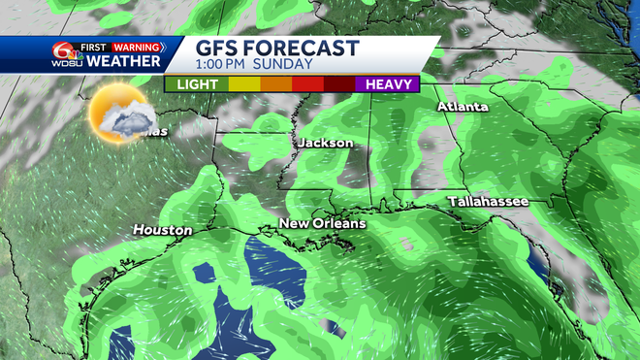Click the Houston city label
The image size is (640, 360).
tap(162, 230)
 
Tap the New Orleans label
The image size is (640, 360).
tap(322, 224)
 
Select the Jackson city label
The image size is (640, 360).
tap(326, 143)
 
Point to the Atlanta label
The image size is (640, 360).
tap(463, 107)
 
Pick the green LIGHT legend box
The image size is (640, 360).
tap(197, 84)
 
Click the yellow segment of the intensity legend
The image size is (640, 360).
tap(244, 84)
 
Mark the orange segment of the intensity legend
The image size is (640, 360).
tap(276, 84)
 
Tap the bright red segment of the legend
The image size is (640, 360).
tap(307, 84)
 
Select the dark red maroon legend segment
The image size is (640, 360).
tap(340, 84)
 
